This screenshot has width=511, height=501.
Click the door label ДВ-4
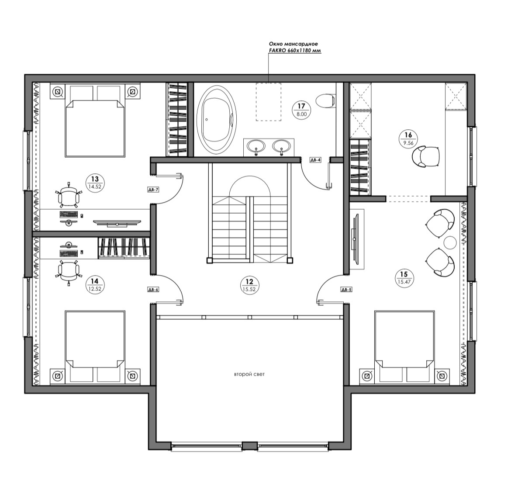[315, 160]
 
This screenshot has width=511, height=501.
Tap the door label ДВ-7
[153, 190]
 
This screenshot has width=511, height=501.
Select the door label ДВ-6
[153, 290]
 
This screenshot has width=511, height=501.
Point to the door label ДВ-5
[346, 290]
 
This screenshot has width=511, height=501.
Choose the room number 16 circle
[408, 138]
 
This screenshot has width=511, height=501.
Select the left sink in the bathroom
[256, 145]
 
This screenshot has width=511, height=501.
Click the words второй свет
[249, 375]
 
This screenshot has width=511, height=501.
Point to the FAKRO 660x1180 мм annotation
[294, 51]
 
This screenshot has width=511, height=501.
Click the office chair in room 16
[426, 156]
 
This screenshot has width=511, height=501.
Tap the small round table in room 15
[449, 242]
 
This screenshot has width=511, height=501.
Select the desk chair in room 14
[68, 271]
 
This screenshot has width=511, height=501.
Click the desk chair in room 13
[68, 197]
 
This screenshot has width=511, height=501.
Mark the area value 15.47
[404, 281]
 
